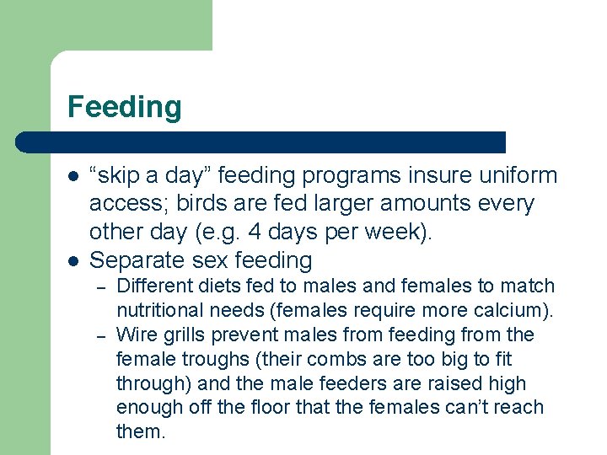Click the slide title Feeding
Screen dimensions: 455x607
tap(124, 108)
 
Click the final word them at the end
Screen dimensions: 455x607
tap(140, 432)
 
